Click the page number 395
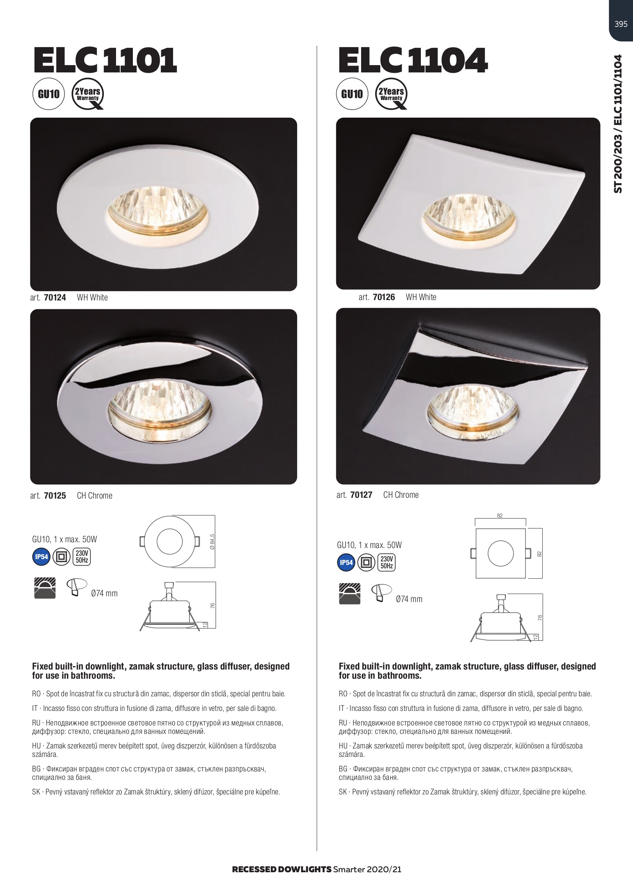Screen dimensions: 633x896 click(x=620, y=24)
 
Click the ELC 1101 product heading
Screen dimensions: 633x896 click(x=105, y=60)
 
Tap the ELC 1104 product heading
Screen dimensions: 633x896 click(x=413, y=60)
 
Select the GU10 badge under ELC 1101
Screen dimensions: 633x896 click(x=48, y=94)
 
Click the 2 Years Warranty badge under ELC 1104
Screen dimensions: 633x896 click(x=391, y=94)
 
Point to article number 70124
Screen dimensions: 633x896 click(x=55, y=297)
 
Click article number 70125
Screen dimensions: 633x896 click(x=55, y=496)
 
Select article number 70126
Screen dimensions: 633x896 click(x=384, y=297)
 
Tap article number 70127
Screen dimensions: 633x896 click(x=361, y=495)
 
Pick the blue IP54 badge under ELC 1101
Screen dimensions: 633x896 click(x=41, y=557)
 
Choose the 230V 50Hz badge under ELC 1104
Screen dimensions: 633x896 click(x=386, y=563)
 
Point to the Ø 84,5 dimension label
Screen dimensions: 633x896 click(x=212, y=542)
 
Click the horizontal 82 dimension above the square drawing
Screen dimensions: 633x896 click(x=500, y=515)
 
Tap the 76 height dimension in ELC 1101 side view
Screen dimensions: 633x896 click(x=213, y=606)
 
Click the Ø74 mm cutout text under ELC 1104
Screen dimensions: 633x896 click(x=409, y=599)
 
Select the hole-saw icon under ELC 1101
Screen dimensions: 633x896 click(x=77, y=586)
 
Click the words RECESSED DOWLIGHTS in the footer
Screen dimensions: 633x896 click(x=281, y=870)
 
